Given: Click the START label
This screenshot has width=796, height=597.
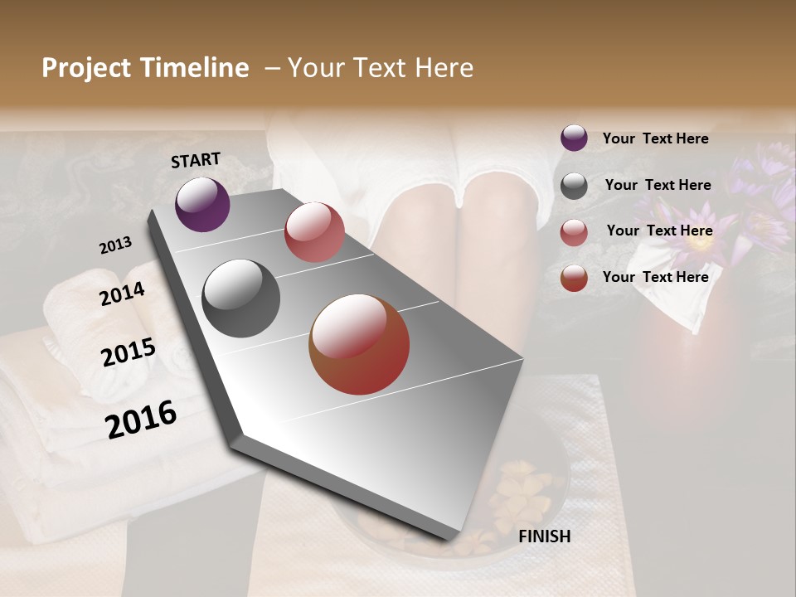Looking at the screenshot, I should pyautogui.click(x=196, y=160).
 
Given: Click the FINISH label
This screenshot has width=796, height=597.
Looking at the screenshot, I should pyautogui.click(x=544, y=536).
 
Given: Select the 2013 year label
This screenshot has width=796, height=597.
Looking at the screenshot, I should pyautogui.click(x=115, y=245).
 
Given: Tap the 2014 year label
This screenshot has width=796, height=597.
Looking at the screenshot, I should pyautogui.click(x=122, y=294).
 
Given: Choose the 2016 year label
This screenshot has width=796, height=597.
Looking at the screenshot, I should pyautogui.click(x=141, y=420).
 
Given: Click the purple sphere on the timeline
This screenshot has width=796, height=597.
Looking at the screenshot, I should pyautogui.click(x=202, y=204).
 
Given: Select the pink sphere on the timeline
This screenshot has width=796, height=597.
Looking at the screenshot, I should pyautogui.click(x=314, y=232).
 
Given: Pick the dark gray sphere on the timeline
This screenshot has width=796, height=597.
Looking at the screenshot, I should pyautogui.click(x=241, y=298).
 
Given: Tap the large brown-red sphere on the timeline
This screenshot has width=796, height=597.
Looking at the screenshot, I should pyautogui.click(x=359, y=344).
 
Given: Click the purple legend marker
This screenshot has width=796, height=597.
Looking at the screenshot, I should pyautogui.click(x=574, y=138).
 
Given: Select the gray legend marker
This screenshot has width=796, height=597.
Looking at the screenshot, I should pyautogui.click(x=574, y=186).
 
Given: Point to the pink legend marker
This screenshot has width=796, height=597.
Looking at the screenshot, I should pyautogui.click(x=574, y=232).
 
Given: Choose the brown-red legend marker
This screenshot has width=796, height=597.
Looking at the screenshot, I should pyautogui.click(x=574, y=278).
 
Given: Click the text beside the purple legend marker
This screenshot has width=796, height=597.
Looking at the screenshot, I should pyautogui.click(x=655, y=138).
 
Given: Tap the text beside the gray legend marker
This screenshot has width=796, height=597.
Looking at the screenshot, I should pyautogui.click(x=658, y=185).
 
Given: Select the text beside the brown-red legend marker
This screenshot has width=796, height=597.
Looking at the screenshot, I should pyautogui.click(x=655, y=277).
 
